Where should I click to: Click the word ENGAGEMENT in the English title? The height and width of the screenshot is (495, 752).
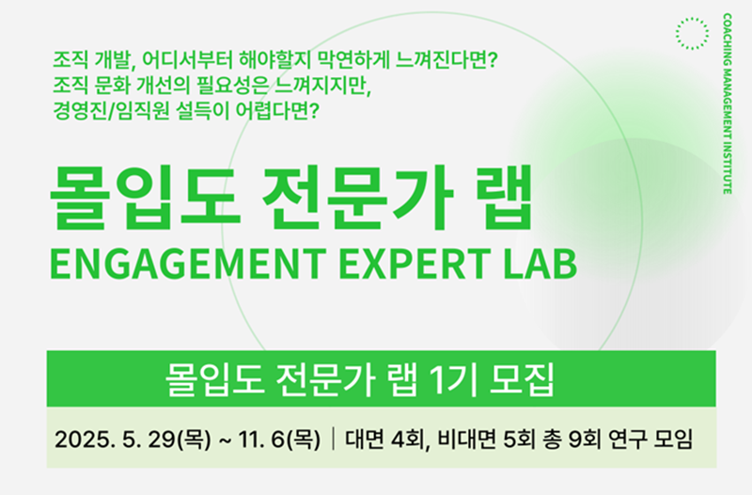pos(187,263)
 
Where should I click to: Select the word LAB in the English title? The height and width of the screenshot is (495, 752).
pos(540,263)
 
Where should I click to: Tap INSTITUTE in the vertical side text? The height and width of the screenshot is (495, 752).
pos(727,167)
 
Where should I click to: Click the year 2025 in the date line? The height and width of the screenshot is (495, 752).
pos(86,439)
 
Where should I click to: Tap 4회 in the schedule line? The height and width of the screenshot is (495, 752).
pos(408,439)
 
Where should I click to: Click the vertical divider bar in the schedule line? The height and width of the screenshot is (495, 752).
pos(334,439)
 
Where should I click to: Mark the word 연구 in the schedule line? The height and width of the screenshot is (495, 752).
pos(627,439)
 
